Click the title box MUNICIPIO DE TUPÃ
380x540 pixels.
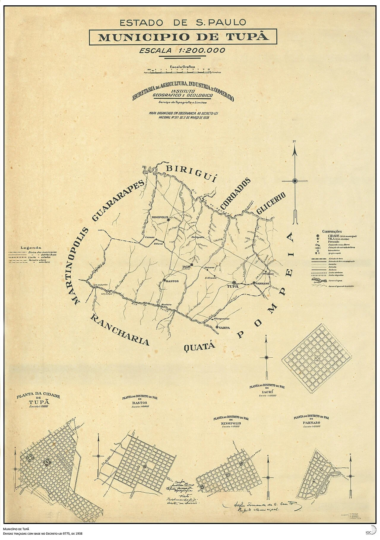coord(183,37)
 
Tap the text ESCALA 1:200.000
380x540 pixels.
coord(182,50)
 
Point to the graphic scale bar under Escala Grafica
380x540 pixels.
coord(182,71)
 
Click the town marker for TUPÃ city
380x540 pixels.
coord(234,283)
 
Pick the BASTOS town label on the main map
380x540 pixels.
coord(172,281)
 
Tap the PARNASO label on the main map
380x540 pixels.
coord(262,283)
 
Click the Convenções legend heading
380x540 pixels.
coord(332,232)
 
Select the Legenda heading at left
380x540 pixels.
coord(31,248)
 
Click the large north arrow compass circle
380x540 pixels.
coord(295,181)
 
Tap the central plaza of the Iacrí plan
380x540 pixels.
coord(317,359)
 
